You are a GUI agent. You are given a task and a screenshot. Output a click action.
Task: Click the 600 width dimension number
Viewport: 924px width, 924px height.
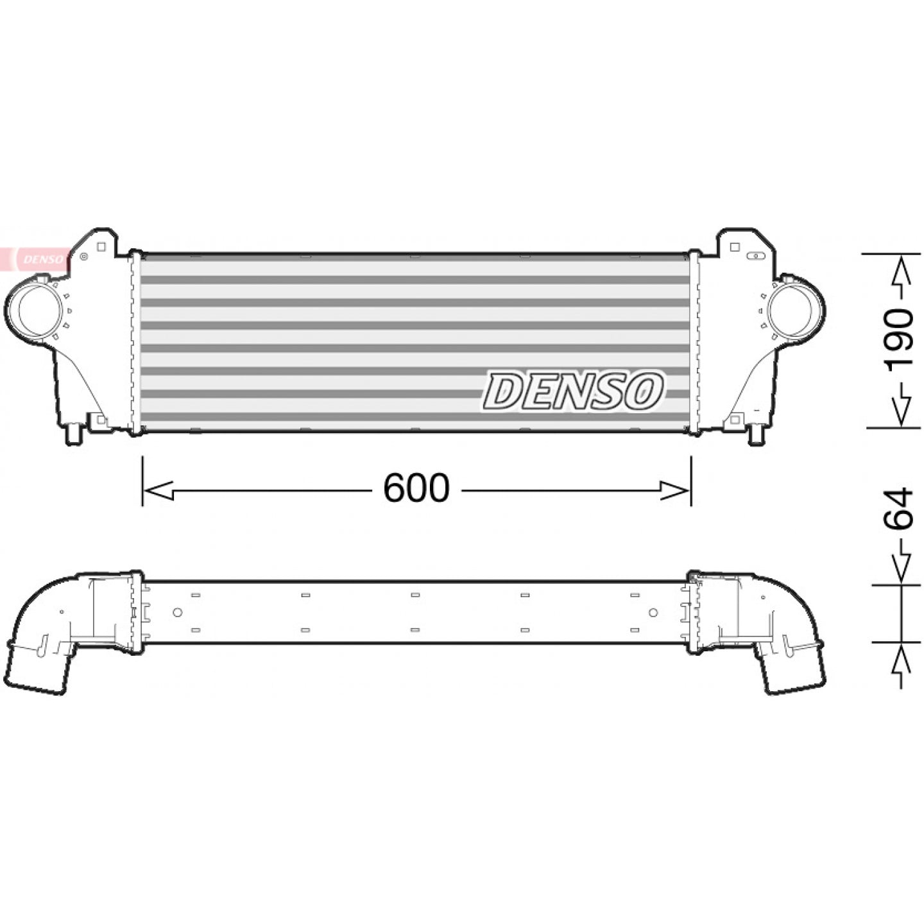416,488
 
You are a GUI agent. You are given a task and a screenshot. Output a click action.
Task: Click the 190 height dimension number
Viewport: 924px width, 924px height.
898,341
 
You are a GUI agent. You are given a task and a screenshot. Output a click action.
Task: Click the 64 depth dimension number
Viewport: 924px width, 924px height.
898,508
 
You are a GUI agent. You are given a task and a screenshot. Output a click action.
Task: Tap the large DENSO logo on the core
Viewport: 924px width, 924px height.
574,391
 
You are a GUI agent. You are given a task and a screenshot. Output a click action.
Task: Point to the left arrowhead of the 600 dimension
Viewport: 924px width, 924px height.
158,490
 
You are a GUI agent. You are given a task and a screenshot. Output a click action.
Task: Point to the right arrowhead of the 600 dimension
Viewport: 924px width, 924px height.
675,490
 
